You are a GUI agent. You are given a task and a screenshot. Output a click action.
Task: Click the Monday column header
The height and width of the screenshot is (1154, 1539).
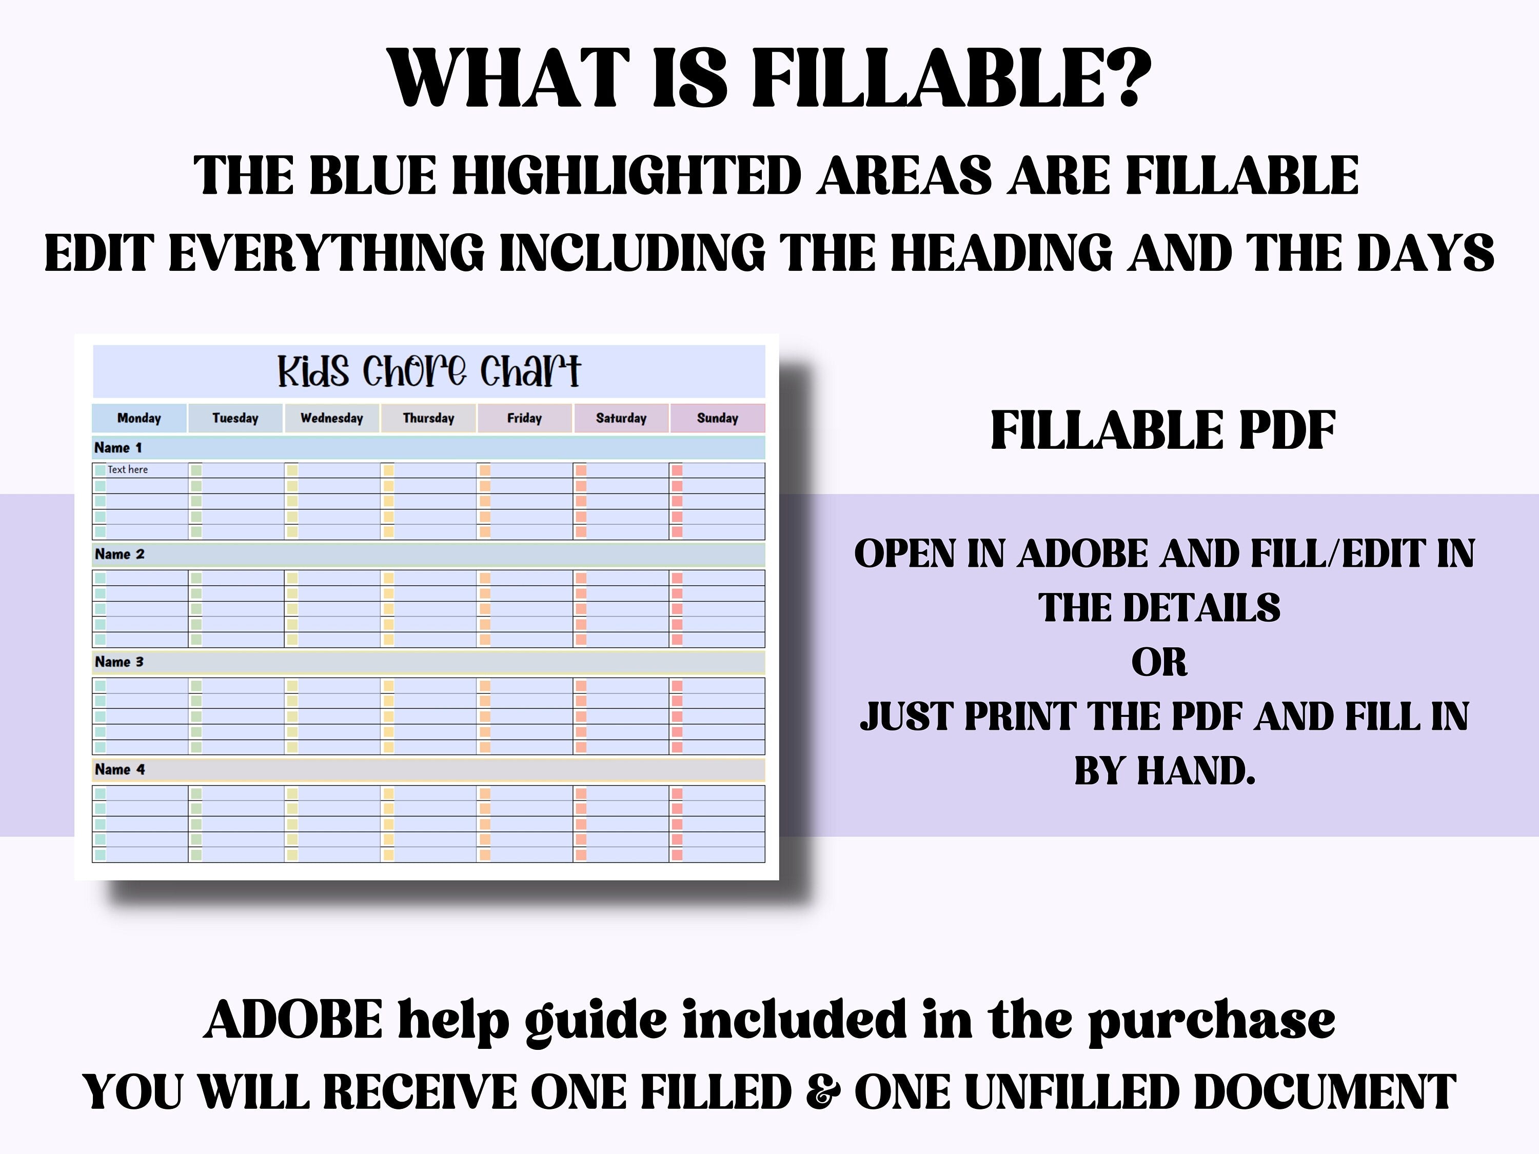(139, 418)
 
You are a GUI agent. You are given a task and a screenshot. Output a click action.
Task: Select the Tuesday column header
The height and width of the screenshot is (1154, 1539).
(235, 418)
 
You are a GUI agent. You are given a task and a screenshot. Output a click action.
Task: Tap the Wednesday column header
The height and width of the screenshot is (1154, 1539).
(332, 418)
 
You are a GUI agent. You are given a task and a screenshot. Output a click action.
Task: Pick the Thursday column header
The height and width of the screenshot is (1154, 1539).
(428, 418)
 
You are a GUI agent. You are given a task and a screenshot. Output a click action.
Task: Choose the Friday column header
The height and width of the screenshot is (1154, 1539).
(525, 418)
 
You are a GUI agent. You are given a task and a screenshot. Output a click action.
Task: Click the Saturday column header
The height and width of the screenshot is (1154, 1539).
(621, 418)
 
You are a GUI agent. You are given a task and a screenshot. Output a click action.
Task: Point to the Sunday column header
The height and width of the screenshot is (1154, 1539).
(717, 418)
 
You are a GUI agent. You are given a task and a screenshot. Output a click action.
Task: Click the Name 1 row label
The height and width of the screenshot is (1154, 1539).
(119, 448)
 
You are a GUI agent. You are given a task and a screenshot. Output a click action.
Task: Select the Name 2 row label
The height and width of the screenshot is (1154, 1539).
(120, 554)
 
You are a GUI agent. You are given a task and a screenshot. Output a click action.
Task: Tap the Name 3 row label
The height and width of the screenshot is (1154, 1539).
(119, 662)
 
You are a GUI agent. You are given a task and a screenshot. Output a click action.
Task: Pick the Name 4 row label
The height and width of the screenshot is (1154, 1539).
(120, 770)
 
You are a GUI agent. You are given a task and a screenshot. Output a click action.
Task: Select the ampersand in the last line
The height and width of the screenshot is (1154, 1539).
(822, 1091)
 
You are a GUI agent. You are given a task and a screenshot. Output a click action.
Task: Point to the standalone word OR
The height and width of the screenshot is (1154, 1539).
(1159, 662)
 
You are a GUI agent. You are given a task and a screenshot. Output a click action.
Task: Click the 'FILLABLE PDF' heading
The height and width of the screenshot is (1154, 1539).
(1162, 431)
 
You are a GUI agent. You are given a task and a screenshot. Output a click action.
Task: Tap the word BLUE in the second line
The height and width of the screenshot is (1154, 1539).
(372, 175)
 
